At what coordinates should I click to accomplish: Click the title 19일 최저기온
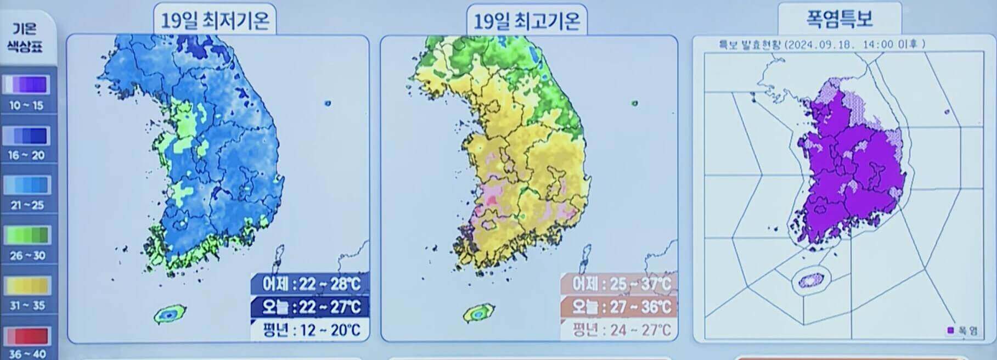point(215,21)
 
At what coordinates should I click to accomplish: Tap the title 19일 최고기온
point(527,21)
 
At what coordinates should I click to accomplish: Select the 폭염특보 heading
point(839,20)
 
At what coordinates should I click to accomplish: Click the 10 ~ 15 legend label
point(26,105)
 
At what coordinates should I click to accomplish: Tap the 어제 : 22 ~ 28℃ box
point(311,284)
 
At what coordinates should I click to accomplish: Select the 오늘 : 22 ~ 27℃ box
point(311,306)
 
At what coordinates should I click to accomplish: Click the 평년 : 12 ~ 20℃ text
point(311,330)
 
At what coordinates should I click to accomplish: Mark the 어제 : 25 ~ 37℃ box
point(620,284)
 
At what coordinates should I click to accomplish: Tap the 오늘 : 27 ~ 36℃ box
point(620,306)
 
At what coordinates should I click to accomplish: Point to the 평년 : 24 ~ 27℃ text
point(620,330)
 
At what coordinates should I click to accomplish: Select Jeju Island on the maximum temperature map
point(478,314)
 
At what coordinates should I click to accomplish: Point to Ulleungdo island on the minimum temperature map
point(328,103)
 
